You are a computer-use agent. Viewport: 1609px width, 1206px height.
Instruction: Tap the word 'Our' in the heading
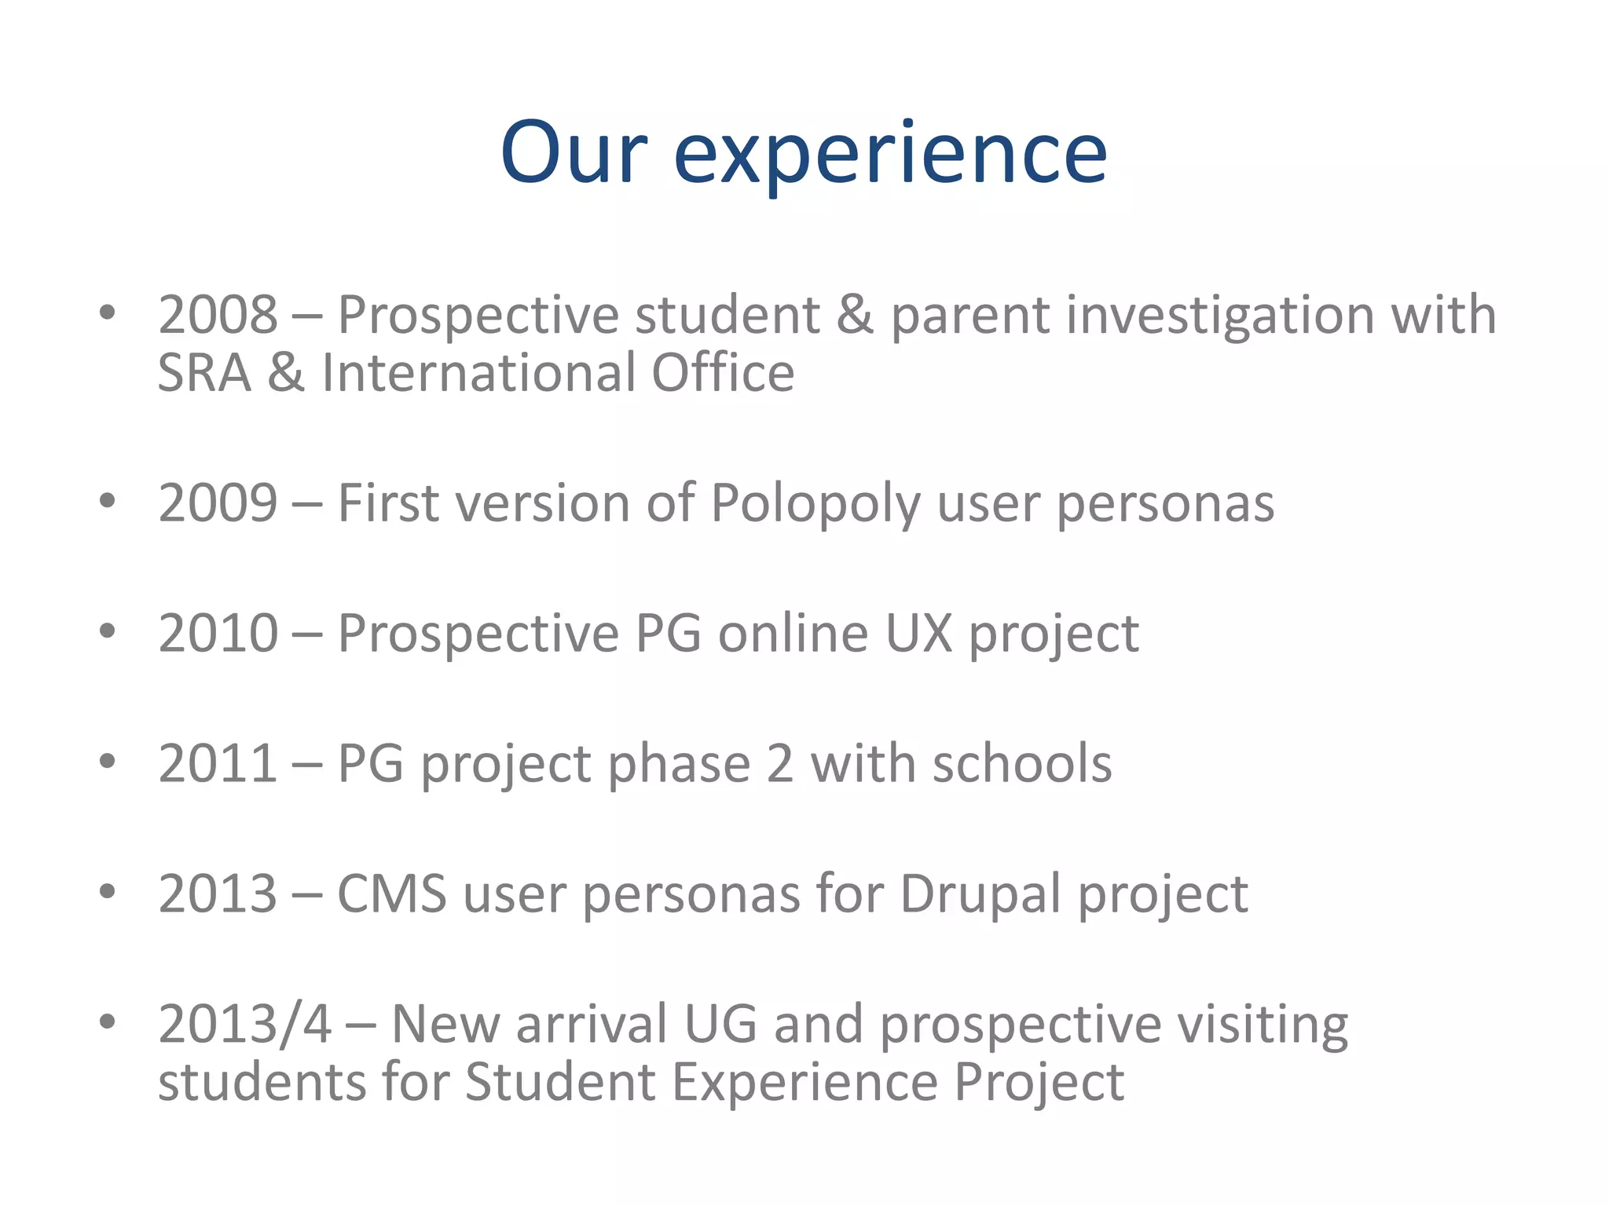574,153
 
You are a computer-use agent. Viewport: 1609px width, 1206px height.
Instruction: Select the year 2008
218,315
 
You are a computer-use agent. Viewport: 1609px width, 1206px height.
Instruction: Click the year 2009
218,502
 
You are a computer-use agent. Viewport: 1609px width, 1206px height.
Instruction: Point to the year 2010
218,633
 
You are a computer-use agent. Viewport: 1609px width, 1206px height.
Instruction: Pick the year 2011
218,763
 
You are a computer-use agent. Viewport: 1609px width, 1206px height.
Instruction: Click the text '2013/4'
244,1024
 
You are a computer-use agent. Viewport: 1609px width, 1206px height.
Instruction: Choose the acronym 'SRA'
203,373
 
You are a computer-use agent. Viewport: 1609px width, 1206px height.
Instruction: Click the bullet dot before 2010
108,630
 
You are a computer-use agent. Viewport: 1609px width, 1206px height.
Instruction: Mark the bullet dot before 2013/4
108,1021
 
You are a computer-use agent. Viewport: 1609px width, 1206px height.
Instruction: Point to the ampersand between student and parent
855,315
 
